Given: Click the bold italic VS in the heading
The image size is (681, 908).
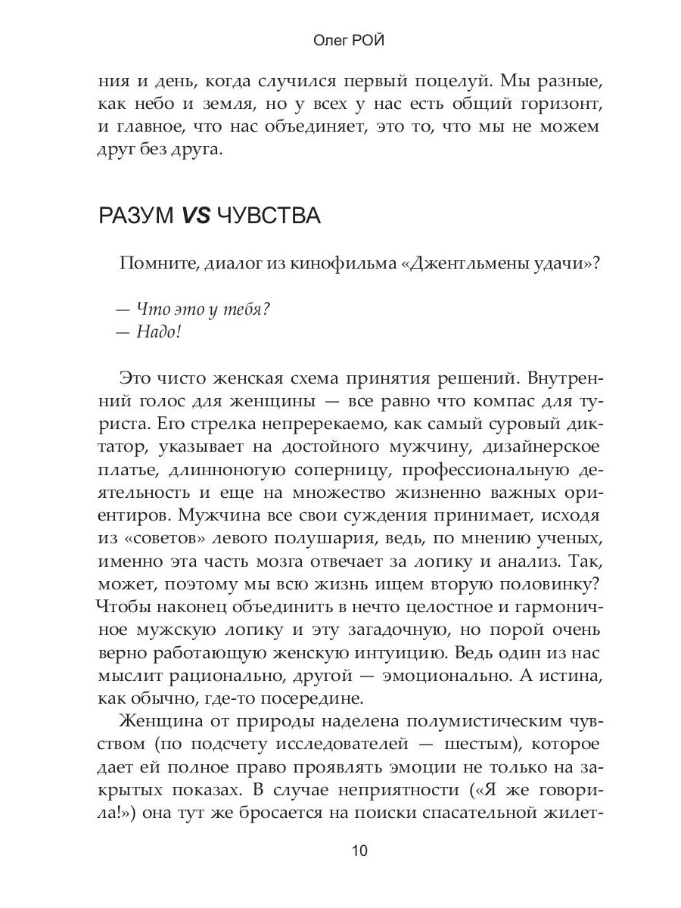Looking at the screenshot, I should pos(194,216).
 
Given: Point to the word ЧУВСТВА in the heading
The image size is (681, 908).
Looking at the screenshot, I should pos(269,216).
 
